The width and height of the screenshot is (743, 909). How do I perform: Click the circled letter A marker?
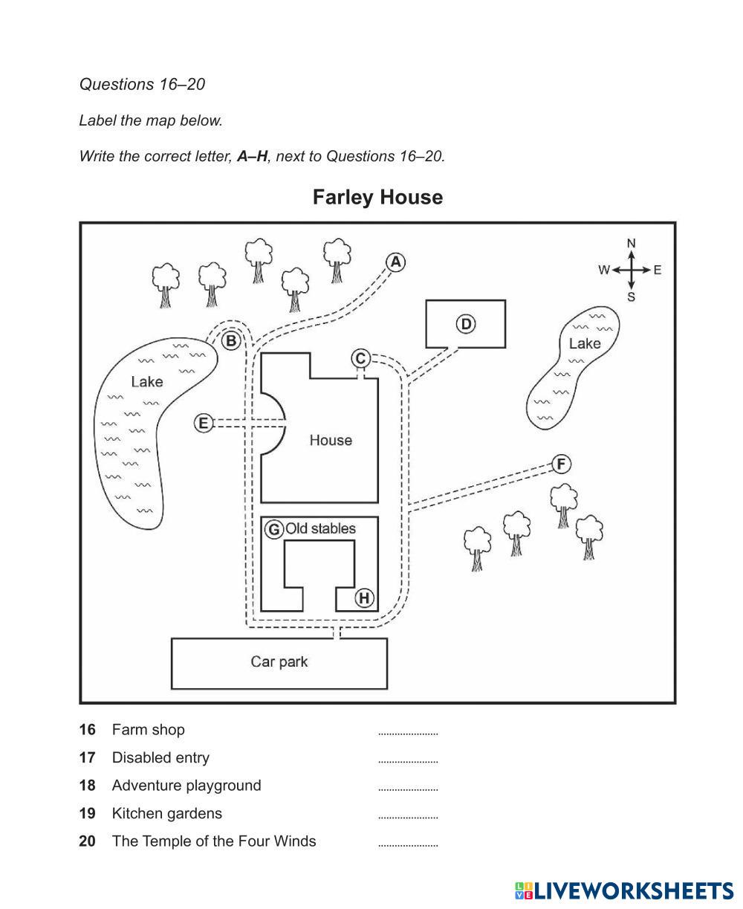click(396, 262)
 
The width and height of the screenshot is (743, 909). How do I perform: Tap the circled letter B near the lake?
click(231, 341)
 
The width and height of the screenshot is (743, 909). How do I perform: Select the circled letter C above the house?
click(360, 359)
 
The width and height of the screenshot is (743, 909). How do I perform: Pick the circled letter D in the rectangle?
click(466, 324)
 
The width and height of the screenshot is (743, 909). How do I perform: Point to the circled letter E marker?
click(203, 424)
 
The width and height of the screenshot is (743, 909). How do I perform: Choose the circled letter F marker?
click(561, 465)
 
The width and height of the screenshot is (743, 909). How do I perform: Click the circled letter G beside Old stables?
click(274, 529)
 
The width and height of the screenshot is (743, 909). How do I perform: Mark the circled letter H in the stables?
click(364, 598)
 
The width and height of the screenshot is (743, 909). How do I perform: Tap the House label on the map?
click(331, 440)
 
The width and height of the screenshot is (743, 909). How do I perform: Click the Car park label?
click(279, 661)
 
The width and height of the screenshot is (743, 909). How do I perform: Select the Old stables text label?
click(321, 528)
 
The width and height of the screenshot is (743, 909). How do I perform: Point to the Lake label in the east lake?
click(585, 343)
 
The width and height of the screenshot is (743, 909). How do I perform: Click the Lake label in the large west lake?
click(146, 381)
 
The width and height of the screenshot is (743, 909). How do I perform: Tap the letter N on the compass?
click(632, 243)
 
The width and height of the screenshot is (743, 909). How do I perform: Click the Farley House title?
click(377, 197)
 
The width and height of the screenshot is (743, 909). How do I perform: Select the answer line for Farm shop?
click(408, 733)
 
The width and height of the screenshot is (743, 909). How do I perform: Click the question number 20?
click(88, 841)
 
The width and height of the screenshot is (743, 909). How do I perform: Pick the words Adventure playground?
click(186, 786)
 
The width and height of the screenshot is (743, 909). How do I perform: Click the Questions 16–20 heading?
click(142, 85)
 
